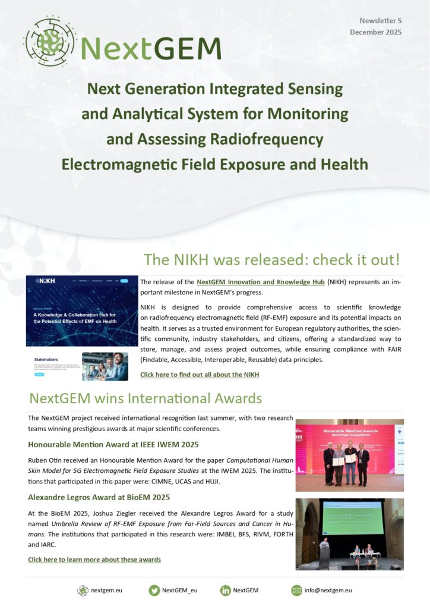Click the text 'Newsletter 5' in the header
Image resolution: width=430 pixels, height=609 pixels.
point(380,21)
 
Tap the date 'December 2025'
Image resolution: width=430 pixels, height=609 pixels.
point(375,32)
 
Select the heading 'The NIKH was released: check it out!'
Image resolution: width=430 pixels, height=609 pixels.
point(271,260)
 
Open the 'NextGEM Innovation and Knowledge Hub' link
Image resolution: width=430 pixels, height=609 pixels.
point(260,282)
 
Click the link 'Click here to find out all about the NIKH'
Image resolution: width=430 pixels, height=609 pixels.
point(200,375)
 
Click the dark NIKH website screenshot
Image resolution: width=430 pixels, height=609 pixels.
point(81,311)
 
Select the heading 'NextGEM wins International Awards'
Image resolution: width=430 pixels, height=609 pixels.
point(146,398)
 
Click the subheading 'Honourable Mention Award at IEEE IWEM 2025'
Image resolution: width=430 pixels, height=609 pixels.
point(113,444)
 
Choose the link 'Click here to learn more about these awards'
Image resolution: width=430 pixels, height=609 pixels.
point(94,560)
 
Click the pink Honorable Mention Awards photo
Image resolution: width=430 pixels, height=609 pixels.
point(349,455)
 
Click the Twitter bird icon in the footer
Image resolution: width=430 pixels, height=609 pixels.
point(154,591)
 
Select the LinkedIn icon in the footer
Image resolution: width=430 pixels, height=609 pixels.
point(226,591)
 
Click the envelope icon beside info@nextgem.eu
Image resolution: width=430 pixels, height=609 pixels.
point(296,591)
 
